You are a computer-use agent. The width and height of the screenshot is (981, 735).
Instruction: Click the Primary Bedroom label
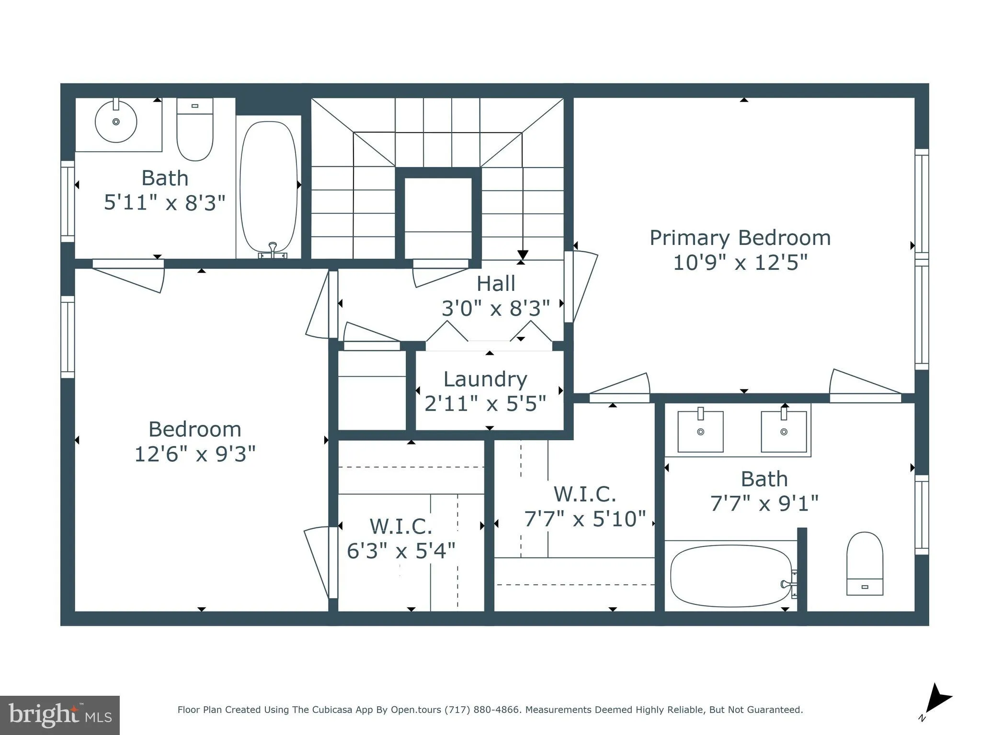click(x=740, y=238)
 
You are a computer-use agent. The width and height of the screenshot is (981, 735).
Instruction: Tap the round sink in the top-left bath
click(x=116, y=122)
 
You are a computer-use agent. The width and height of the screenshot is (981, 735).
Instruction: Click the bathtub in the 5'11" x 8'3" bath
click(x=268, y=187)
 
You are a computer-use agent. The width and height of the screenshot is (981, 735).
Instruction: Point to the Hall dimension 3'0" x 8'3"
click(x=495, y=309)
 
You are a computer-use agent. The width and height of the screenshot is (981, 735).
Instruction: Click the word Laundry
click(x=485, y=379)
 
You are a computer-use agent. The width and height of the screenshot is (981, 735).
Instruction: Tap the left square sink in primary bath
click(x=700, y=432)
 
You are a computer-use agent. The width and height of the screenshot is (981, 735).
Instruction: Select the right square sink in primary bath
click(x=784, y=432)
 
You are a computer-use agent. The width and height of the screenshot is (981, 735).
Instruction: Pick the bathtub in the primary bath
click(x=730, y=576)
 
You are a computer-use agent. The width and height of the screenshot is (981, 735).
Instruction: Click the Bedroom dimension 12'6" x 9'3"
click(x=195, y=454)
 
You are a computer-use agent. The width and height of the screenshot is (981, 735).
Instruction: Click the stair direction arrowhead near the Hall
click(x=523, y=255)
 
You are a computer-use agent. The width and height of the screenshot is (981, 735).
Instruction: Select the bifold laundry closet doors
click(x=489, y=333)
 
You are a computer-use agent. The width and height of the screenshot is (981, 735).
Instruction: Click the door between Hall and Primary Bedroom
click(x=581, y=287)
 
